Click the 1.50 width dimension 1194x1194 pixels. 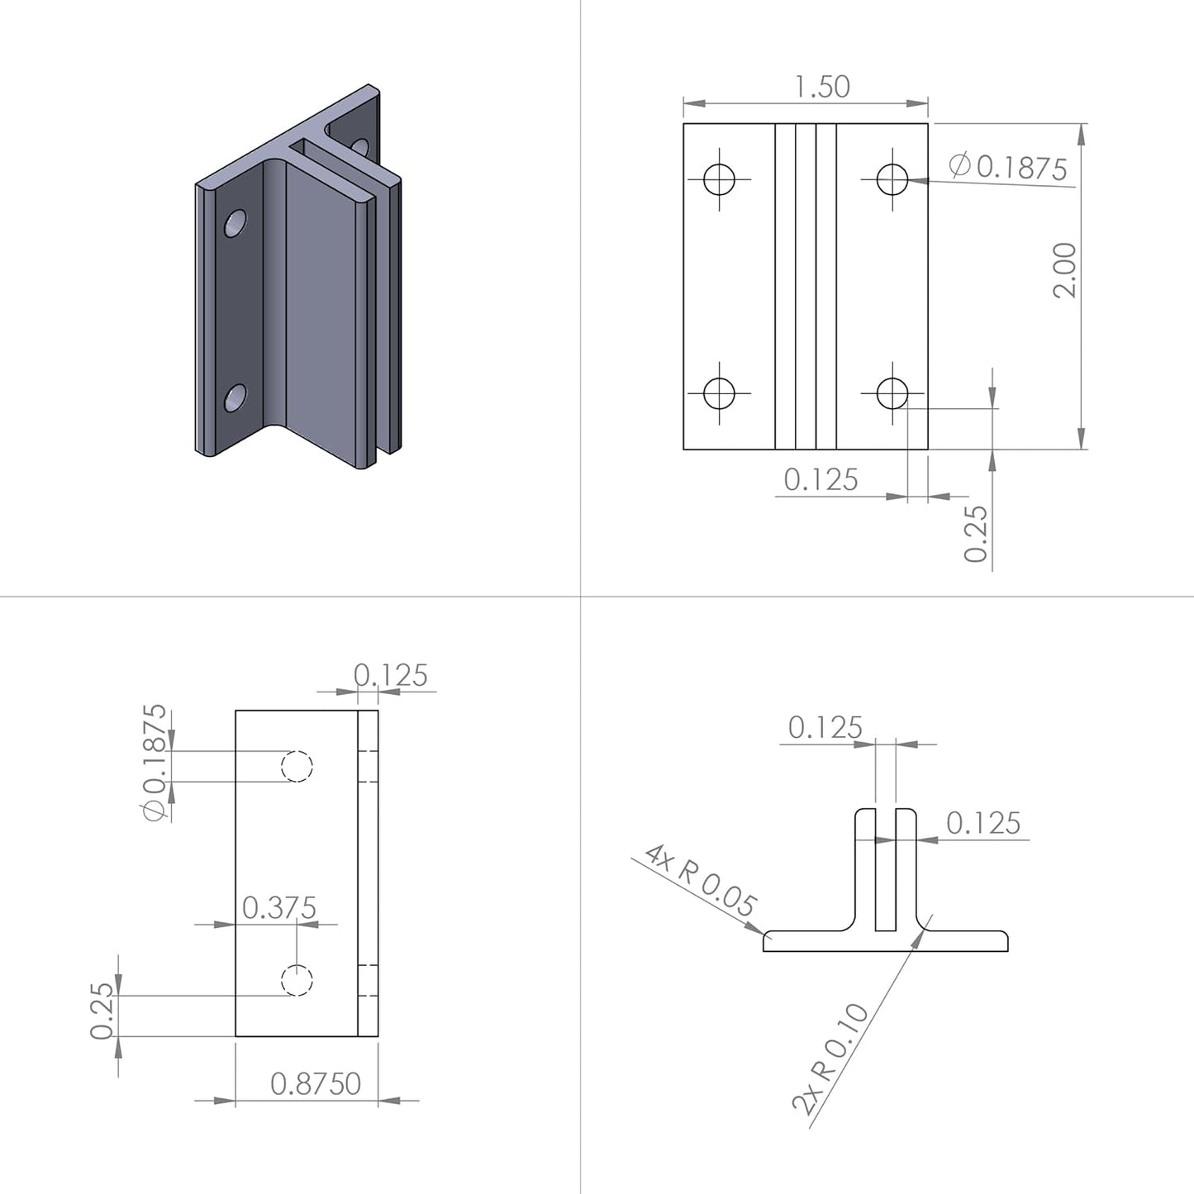click(x=821, y=87)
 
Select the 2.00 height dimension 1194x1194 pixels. click(x=1065, y=270)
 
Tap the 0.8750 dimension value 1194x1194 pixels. click(x=316, y=1083)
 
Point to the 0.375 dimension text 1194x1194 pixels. click(x=278, y=908)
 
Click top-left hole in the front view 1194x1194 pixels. click(x=719, y=178)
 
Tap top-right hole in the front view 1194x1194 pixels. click(x=892, y=178)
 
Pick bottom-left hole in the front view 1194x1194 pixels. click(x=719, y=393)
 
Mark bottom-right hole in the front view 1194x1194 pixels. click(x=892, y=393)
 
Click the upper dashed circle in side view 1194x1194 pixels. click(x=297, y=766)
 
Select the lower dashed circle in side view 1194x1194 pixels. click(x=297, y=981)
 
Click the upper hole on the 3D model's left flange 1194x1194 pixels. click(x=235, y=223)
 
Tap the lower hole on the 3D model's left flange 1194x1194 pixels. click(x=235, y=397)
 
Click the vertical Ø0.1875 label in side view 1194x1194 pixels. click(x=155, y=762)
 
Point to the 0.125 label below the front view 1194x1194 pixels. click(x=821, y=480)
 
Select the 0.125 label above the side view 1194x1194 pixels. click(x=391, y=676)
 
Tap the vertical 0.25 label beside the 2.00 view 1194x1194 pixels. click(x=976, y=534)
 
